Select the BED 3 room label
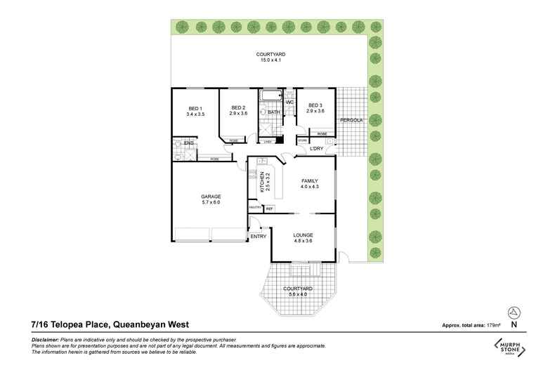[315, 105]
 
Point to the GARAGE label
[211, 196]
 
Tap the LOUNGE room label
[304, 234]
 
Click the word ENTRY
[259, 237]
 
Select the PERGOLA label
[351, 120]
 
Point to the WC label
[289, 103]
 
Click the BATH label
[273, 112]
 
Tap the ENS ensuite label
[188, 143]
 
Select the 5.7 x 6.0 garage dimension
[211, 202]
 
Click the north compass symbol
[515, 311]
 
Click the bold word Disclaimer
[46, 339]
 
